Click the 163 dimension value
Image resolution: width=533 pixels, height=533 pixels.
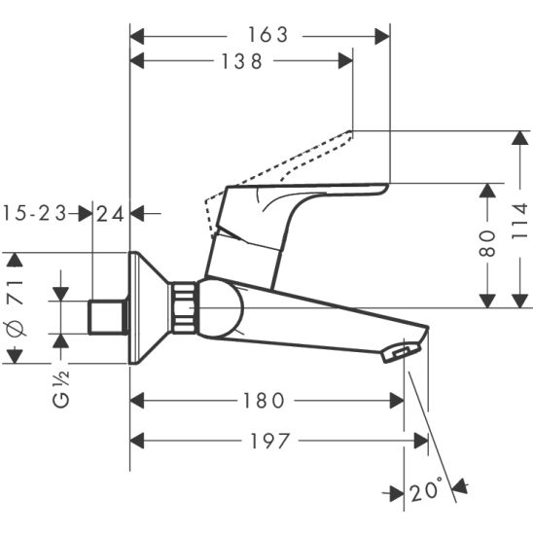tap(267, 35)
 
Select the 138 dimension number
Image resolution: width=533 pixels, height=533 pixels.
tap(241, 61)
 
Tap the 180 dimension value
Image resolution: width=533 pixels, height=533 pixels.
tap(264, 401)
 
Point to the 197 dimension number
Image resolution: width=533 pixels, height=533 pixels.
tap(269, 441)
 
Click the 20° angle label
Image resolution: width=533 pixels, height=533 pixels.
tap(427, 488)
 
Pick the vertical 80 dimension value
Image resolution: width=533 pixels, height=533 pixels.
tap(487, 243)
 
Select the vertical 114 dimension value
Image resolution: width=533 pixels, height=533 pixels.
tap(520, 221)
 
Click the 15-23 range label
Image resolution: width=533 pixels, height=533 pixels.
tap(35, 213)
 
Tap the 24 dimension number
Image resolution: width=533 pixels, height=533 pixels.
tap(110, 214)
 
